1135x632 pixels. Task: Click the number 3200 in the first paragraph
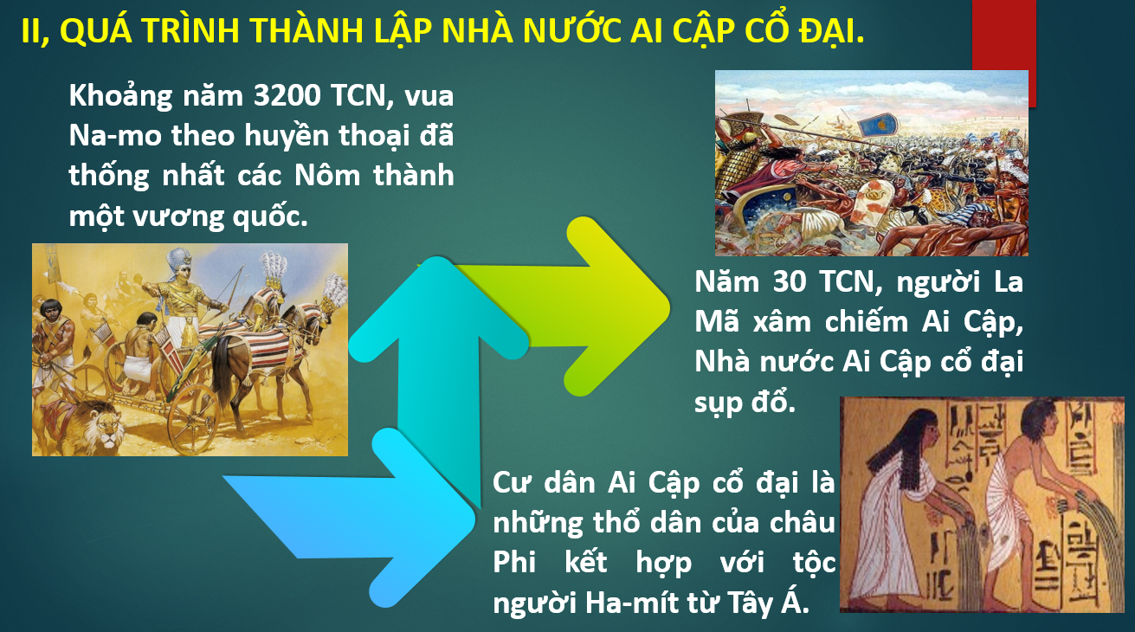tap(287, 94)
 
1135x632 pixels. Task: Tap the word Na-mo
tap(115, 135)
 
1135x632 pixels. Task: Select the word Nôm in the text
tap(327, 175)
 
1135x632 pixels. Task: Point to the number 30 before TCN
tap(790, 281)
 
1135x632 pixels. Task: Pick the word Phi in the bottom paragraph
tap(514, 562)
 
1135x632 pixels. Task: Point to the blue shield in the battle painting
tap(877, 124)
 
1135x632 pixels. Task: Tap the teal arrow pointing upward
tap(438, 355)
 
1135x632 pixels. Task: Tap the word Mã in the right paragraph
tap(717, 321)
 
